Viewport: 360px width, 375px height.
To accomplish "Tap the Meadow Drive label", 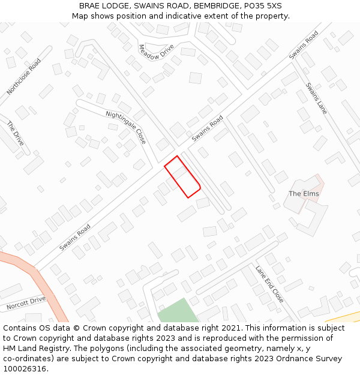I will pos(156,52).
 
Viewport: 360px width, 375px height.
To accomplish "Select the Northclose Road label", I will pos(24,76).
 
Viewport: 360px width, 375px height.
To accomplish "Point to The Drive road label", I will pos(15,133).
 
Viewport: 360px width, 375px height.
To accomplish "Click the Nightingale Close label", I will pos(126,127).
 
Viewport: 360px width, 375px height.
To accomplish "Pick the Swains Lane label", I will pos(316,98).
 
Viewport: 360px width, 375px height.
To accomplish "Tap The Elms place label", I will pos(304,194).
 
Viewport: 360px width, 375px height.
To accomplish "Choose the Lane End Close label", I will pos(269,284).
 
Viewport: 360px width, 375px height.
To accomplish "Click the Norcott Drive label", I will pos(26,303).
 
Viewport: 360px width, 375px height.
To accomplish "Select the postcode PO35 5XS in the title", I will pos(262,6).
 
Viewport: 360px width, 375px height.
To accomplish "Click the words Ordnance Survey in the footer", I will pos(311,359).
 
